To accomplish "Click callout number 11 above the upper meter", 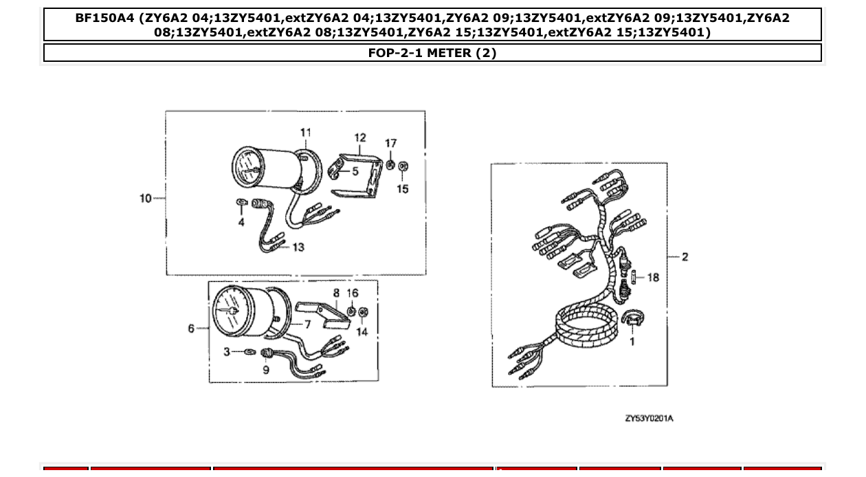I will coord(305,133).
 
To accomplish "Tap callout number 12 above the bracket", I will coord(360,138).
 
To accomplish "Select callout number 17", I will coord(390,144).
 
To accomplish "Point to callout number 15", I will coord(403,188).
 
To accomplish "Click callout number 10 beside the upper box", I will coord(145,199).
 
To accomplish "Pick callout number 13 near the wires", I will coord(298,247).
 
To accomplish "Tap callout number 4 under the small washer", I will coord(241,223).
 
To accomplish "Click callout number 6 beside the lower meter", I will coord(192,329).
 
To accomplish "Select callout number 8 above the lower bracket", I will coord(336,293).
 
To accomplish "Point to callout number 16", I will coord(353,293).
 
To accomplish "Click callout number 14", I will coord(362,331).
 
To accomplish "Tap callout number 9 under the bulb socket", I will coord(266,370).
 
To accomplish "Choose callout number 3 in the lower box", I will coord(227,352).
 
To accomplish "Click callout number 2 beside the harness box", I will coord(685,257).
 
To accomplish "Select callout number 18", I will coord(652,278).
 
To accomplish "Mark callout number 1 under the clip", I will coord(632,341).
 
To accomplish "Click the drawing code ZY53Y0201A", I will coord(649,418).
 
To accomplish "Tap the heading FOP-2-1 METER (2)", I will coord(432,53).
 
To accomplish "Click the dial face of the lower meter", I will coord(231,311).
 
